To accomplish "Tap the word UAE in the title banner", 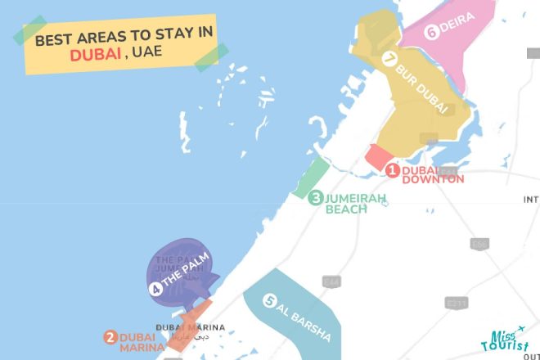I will pyautogui.click(x=149, y=52).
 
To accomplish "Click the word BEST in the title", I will pyautogui.click(x=52, y=35).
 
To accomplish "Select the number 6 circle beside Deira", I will pyautogui.click(x=430, y=33).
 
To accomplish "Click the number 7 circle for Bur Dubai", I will pyautogui.click(x=389, y=59).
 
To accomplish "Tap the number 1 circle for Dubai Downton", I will pyautogui.click(x=393, y=170).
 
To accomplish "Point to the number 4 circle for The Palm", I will pyautogui.click(x=155, y=289).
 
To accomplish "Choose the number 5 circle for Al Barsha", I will pyautogui.click(x=268, y=301).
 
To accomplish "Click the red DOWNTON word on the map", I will pyautogui.click(x=433, y=179).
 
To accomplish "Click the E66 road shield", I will pyautogui.click(x=480, y=244).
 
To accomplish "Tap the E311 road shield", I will pyautogui.click(x=457, y=304).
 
